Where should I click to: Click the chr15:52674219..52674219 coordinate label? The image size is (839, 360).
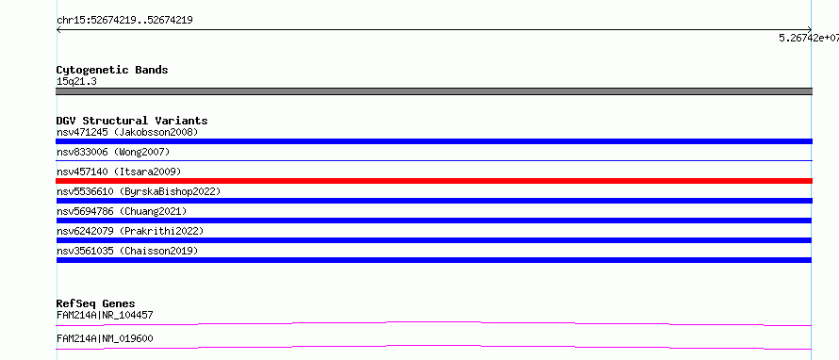tap(124, 21)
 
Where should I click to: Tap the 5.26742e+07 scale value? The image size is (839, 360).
tap(809, 38)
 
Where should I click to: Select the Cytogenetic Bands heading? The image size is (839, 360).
tap(112, 70)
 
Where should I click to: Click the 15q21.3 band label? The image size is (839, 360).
tap(76, 82)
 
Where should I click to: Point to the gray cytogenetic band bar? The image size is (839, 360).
tap(434, 91)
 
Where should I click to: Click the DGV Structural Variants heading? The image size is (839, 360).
tap(132, 121)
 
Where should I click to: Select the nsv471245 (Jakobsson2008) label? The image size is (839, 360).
tap(127, 132)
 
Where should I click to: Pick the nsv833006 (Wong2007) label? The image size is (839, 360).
tap(113, 152)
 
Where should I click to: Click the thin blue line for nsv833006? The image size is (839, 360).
tap(434, 160)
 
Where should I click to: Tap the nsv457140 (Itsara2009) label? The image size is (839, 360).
tap(119, 172)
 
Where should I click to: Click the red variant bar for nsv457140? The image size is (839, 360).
tap(434, 181)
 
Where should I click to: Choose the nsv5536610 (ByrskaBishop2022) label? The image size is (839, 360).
tap(139, 191)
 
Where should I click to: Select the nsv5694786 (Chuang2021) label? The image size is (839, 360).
tap(122, 211)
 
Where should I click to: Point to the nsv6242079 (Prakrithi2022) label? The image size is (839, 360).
tap(130, 231)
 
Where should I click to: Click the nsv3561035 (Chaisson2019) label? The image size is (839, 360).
tap(127, 251)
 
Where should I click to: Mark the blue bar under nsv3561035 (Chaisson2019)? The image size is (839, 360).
tap(434, 260)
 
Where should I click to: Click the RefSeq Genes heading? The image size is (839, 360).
tap(96, 303)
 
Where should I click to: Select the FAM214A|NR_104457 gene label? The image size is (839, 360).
tap(105, 315)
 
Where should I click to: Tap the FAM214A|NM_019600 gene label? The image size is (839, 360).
tap(105, 338)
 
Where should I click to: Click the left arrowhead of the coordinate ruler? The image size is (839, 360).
tap(58, 30)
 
